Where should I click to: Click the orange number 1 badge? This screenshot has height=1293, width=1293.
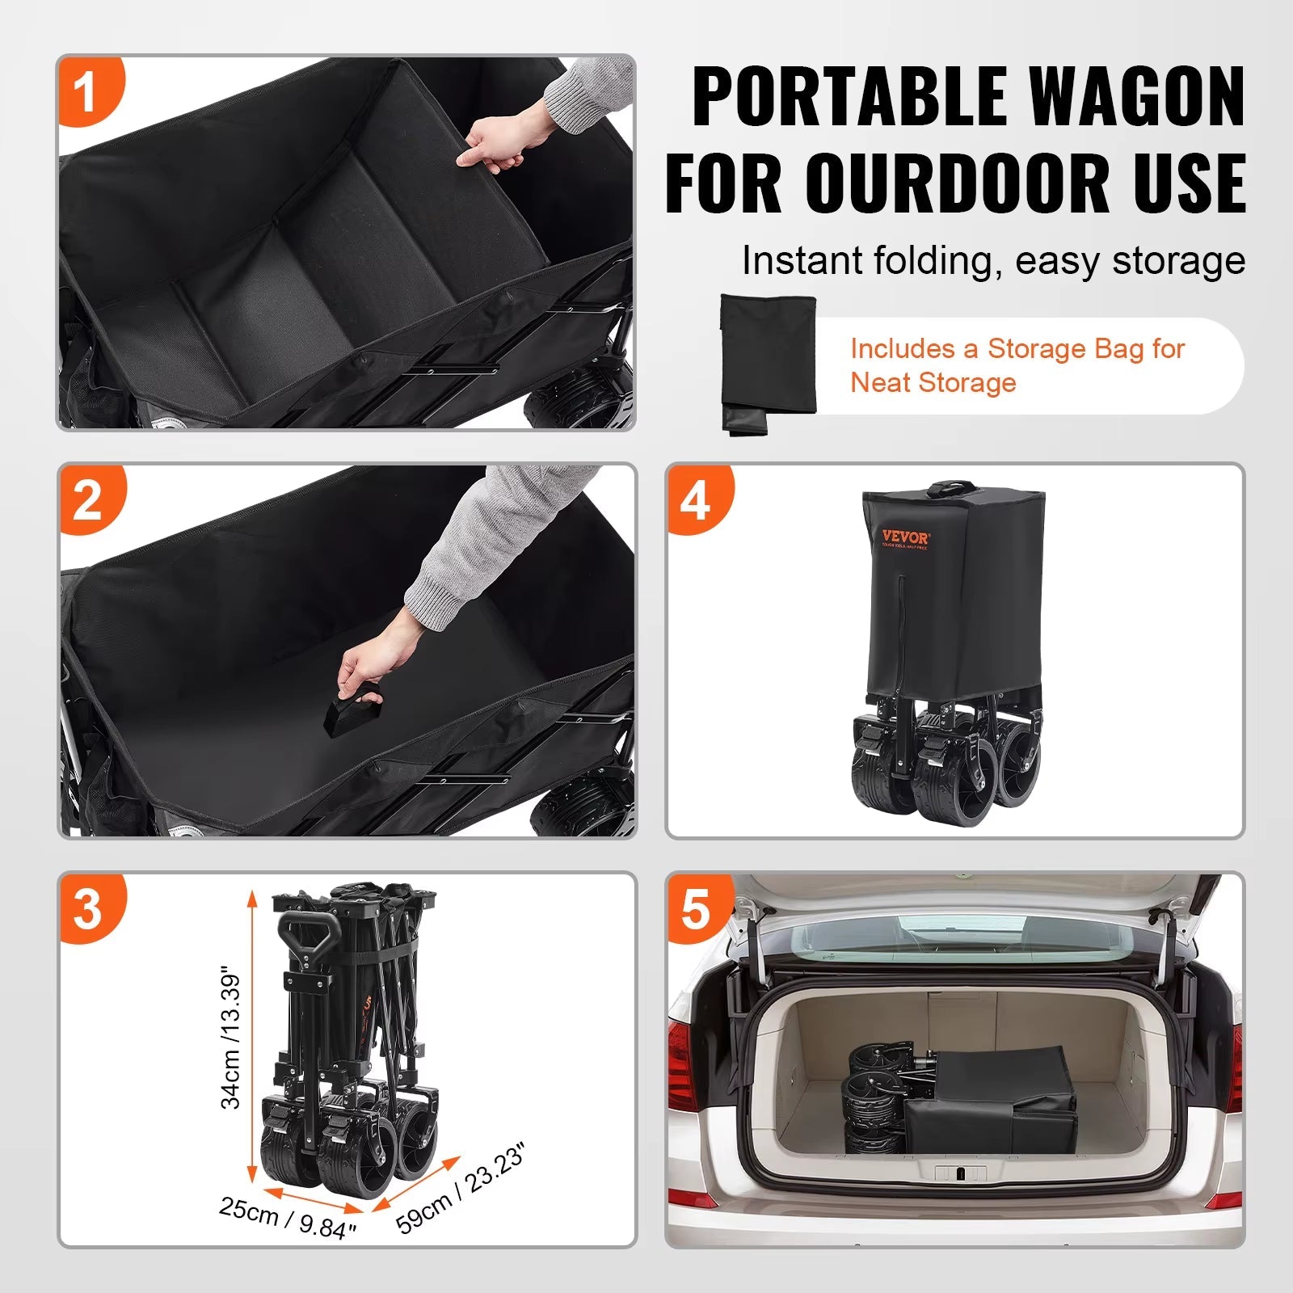(87, 91)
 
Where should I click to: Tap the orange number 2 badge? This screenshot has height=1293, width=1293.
(89, 499)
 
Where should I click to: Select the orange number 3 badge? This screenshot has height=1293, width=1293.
(89, 908)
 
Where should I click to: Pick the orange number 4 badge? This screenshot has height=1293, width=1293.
(696, 499)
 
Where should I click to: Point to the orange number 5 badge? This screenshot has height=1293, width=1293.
(696, 908)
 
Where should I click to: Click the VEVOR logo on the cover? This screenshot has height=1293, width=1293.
(905, 537)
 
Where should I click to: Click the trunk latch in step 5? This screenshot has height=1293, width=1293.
(960, 1173)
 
